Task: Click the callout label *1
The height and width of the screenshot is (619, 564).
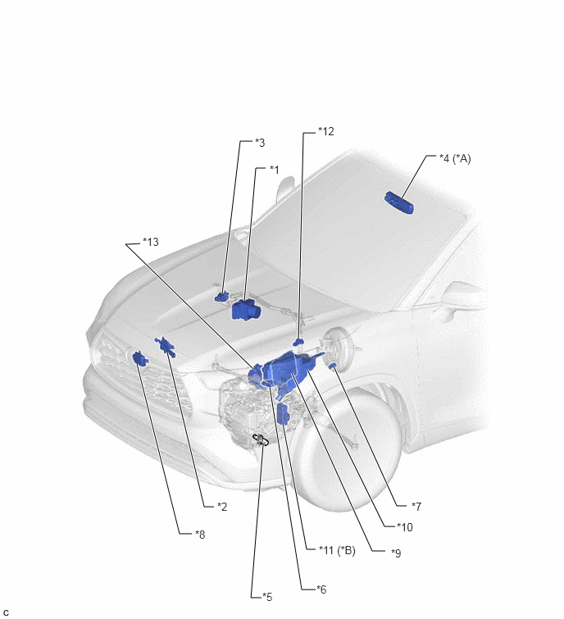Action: pyautogui.click(x=275, y=170)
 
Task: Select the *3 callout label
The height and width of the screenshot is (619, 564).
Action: pyautogui.click(x=260, y=143)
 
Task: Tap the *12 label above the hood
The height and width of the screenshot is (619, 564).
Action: pyautogui.click(x=326, y=131)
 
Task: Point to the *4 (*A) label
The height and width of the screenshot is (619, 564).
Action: pyautogui.click(x=455, y=159)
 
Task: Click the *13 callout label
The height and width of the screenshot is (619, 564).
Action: pyautogui.click(x=151, y=242)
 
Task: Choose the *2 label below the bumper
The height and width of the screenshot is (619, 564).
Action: pyautogui.click(x=222, y=507)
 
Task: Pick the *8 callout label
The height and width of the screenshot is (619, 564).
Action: pyautogui.click(x=200, y=534)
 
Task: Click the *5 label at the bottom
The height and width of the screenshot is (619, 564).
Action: pyautogui.click(x=267, y=597)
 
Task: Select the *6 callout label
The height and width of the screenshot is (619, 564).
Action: pyautogui.click(x=321, y=589)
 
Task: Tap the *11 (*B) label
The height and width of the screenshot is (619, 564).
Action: pyautogui.click(x=337, y=550)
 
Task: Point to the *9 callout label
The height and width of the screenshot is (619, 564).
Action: pyautogui.click(x=396, y=553)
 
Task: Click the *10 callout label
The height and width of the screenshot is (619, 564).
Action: pyautogui.click(x=404, y=526)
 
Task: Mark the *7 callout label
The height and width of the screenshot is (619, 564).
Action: pyautogui.click(x=416, y=506)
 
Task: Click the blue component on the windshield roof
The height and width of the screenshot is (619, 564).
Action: pyautogui.click(x=399, y=203)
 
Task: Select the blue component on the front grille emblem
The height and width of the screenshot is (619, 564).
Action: pyautogui.click(x=139, y=358)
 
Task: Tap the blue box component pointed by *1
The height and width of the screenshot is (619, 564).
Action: pyautogui.click(x=245, y=310)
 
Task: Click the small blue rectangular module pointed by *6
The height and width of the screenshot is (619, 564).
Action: pyautogui.click(x=284, y=415)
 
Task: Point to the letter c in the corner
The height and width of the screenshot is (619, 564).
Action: pyautogui.click(x=6, y=612)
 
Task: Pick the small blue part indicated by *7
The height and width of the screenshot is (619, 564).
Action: pyautogui.click(x=332, y=366)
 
